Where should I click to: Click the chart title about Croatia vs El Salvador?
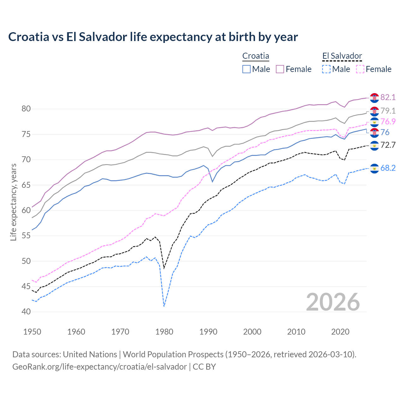click(153, 37)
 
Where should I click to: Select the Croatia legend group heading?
click(256, 56)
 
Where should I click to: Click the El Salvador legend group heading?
click(342, 56)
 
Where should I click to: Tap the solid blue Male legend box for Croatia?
click(247, 69)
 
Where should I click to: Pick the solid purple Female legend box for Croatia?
click(280, 69)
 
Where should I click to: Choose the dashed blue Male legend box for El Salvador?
click(326, 69)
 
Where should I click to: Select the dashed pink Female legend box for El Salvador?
click(360, 69)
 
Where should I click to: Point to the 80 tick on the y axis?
click(26, 109)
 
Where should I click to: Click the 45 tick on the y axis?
click(26, 286)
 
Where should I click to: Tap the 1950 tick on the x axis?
click(32, 332)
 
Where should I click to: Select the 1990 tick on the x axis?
click(208, 332)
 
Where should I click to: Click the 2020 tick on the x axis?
click(340, 332)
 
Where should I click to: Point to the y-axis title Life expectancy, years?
click(13, 202)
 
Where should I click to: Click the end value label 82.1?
click(388, 97)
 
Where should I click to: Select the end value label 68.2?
click(388, 168)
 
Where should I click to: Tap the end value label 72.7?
click(388, 145)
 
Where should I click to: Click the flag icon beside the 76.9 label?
click(374, 122)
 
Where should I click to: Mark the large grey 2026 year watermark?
click(333, 302)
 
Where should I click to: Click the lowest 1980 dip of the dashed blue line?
click(164, 306)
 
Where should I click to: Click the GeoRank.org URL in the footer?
click(99, 367)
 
